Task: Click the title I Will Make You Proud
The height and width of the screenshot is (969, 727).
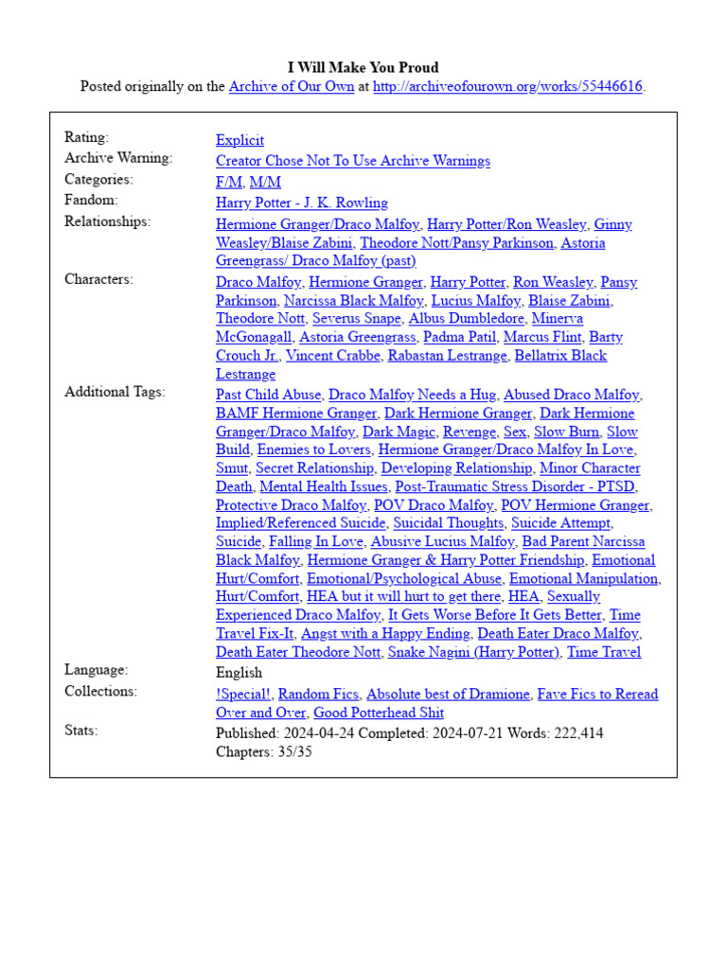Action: pos(363,68)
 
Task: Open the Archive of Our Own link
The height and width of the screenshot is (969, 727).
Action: pos(292,87)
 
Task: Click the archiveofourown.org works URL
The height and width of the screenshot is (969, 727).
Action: pos(507,87)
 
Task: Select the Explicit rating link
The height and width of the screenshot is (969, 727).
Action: pos(239,140)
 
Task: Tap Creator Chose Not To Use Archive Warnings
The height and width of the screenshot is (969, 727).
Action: pos(352,161)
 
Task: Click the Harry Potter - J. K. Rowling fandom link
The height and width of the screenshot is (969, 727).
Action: pos(301,203)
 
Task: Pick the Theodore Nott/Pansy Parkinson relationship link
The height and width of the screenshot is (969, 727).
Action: pos(456,242)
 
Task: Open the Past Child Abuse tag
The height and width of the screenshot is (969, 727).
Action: pos(268,395)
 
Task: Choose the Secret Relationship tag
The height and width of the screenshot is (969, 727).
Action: pos(314,468)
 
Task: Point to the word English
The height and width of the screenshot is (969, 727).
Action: pos(239,673)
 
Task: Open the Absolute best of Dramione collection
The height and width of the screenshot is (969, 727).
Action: pos(448,694)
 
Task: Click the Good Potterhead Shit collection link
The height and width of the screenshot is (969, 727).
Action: pos(378,713)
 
